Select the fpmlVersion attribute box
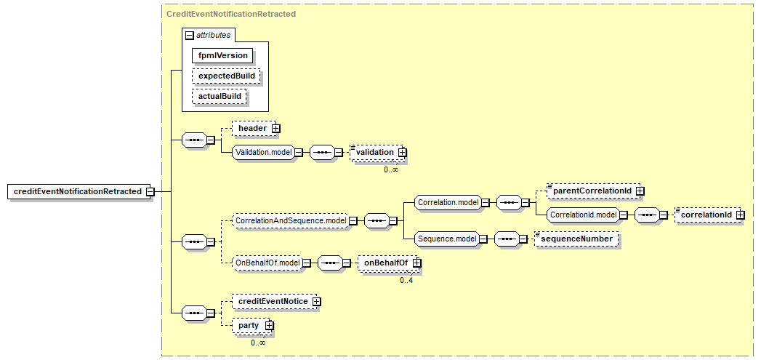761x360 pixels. tap(222, 55)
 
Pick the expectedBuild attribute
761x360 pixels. tap(227, 76)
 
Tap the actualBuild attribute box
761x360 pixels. tap(220, 97)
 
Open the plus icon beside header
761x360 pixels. tap(275, 128)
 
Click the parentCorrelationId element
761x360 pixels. tap(592, 191)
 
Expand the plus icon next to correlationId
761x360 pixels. tap(740, 215)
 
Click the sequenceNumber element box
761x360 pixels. tap(576, 239)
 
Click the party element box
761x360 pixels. tap(251, 325)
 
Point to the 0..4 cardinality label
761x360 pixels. tap(406, 280)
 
